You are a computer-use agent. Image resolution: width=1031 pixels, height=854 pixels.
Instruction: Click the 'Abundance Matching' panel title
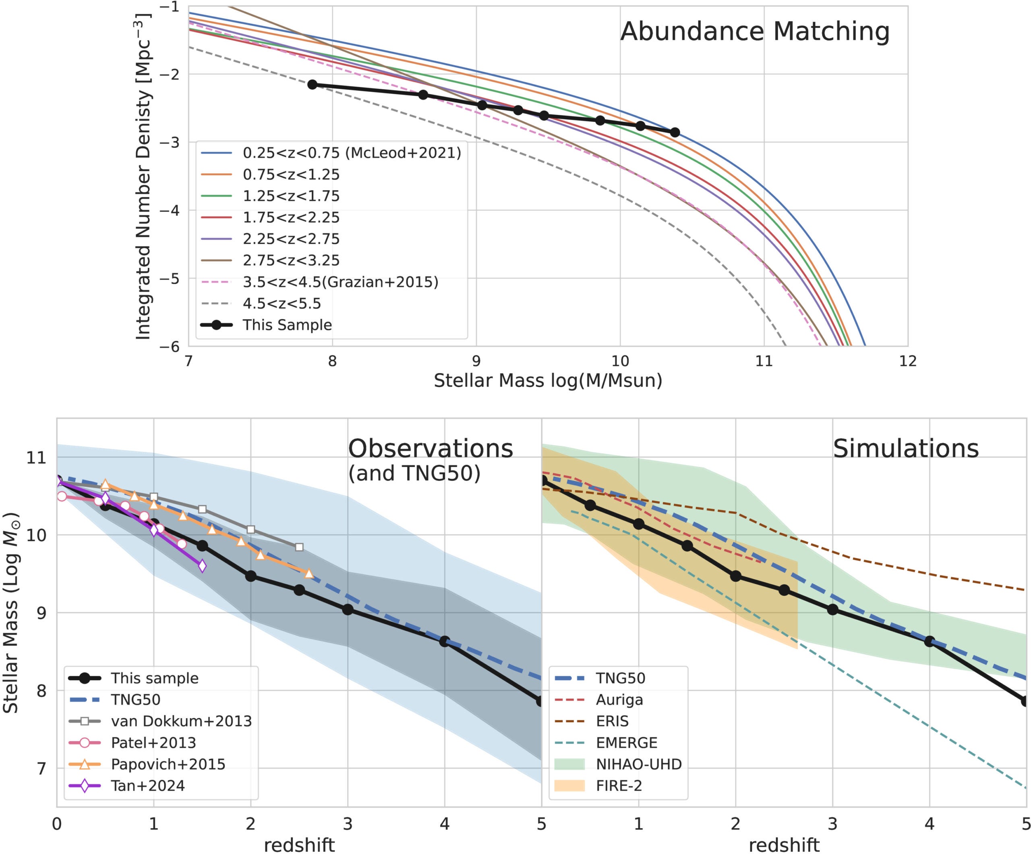[755, 31]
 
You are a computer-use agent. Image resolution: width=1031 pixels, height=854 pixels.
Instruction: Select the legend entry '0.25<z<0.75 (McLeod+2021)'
[352, 153]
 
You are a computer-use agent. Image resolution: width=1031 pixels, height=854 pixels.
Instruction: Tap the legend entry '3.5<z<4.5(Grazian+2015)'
[340, 282]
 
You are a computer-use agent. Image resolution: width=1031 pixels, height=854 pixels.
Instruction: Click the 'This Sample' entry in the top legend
[287, 325]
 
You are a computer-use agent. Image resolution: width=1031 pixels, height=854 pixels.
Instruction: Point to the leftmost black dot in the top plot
[312, 85]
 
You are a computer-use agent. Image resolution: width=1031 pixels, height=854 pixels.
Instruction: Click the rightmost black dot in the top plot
[675, 132]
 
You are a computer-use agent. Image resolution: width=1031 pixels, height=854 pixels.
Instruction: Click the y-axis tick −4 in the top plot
[169, 210]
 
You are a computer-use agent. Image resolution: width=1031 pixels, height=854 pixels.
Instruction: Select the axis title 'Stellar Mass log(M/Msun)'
[548, 380]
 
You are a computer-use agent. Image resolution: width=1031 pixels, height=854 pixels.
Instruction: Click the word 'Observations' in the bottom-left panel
[431, 448]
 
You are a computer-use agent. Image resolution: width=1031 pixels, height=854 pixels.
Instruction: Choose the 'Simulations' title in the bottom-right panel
[906, 448]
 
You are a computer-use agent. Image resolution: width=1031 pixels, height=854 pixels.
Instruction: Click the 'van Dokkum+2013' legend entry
[181, 721]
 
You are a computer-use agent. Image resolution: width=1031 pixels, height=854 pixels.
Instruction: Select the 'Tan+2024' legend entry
[148, 786]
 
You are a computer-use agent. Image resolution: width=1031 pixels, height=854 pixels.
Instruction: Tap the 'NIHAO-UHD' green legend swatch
[569, 764]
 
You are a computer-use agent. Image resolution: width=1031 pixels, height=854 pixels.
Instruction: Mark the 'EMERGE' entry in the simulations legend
[627, 742]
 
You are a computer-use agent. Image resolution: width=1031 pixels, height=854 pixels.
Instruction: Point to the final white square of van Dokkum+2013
[299, 547]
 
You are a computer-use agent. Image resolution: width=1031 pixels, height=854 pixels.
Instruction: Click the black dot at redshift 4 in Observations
[444, 641]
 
